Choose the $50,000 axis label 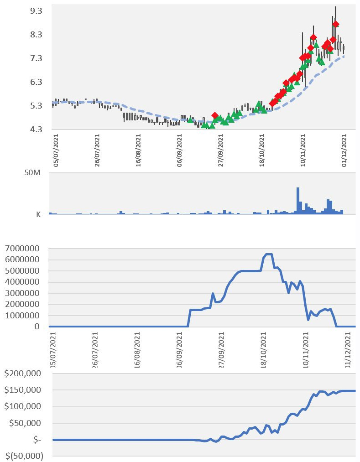[25, 423]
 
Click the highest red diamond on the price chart [335, 24]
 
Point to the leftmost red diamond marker [215, 115]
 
